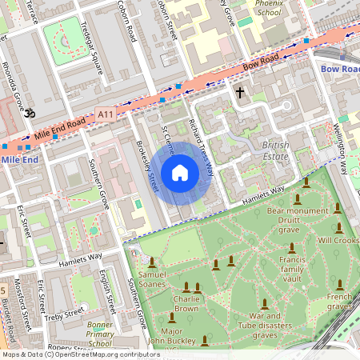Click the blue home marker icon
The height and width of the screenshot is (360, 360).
(180, 173)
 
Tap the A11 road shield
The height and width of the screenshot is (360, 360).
(106, 115)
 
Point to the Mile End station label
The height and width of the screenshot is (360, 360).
(19, 160)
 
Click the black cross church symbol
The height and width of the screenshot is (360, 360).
(239, 93)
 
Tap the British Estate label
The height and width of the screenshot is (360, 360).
(276, 151)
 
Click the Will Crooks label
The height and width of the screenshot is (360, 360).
(338, 240)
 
